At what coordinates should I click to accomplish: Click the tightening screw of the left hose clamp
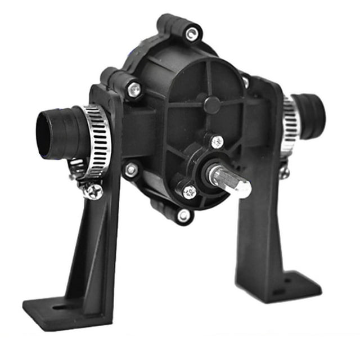click(93, 191)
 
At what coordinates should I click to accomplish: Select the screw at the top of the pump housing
click(192, 34)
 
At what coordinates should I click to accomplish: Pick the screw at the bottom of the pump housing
click(183, 215)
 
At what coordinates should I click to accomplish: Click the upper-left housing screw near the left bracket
click(134, 88)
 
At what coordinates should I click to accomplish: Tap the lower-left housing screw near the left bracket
click(132, 169)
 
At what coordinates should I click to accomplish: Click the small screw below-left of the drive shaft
click(190, 191)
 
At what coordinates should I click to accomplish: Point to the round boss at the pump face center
click(211, 105)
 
